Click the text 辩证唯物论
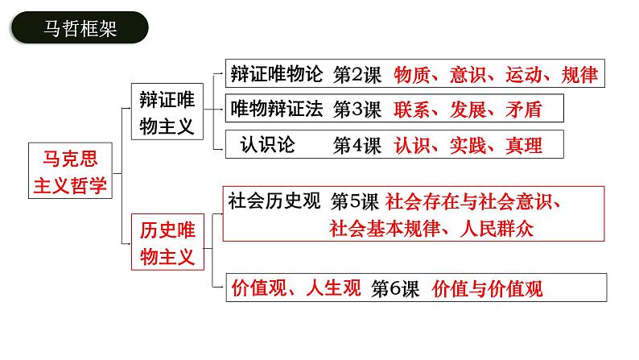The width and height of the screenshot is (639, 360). coord(275,75)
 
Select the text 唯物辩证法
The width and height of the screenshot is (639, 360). coord(275,109)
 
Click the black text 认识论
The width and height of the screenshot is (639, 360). coord(268,144)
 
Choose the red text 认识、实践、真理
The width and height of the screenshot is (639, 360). coord(468,145)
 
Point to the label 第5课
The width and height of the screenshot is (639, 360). coord(356,201)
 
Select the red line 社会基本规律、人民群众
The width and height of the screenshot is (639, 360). coord(431,227)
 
